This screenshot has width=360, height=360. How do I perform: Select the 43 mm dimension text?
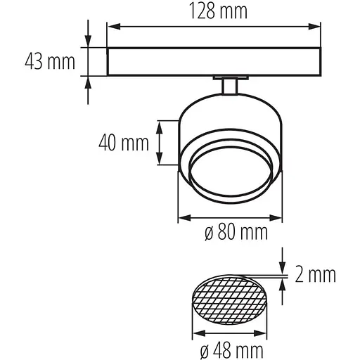coord(50,62)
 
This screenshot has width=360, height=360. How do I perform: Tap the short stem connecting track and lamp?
coord(229,86)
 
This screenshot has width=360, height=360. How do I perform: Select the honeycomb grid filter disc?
coord(229,301)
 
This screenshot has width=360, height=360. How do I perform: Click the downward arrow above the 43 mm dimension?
coord(89,41)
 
